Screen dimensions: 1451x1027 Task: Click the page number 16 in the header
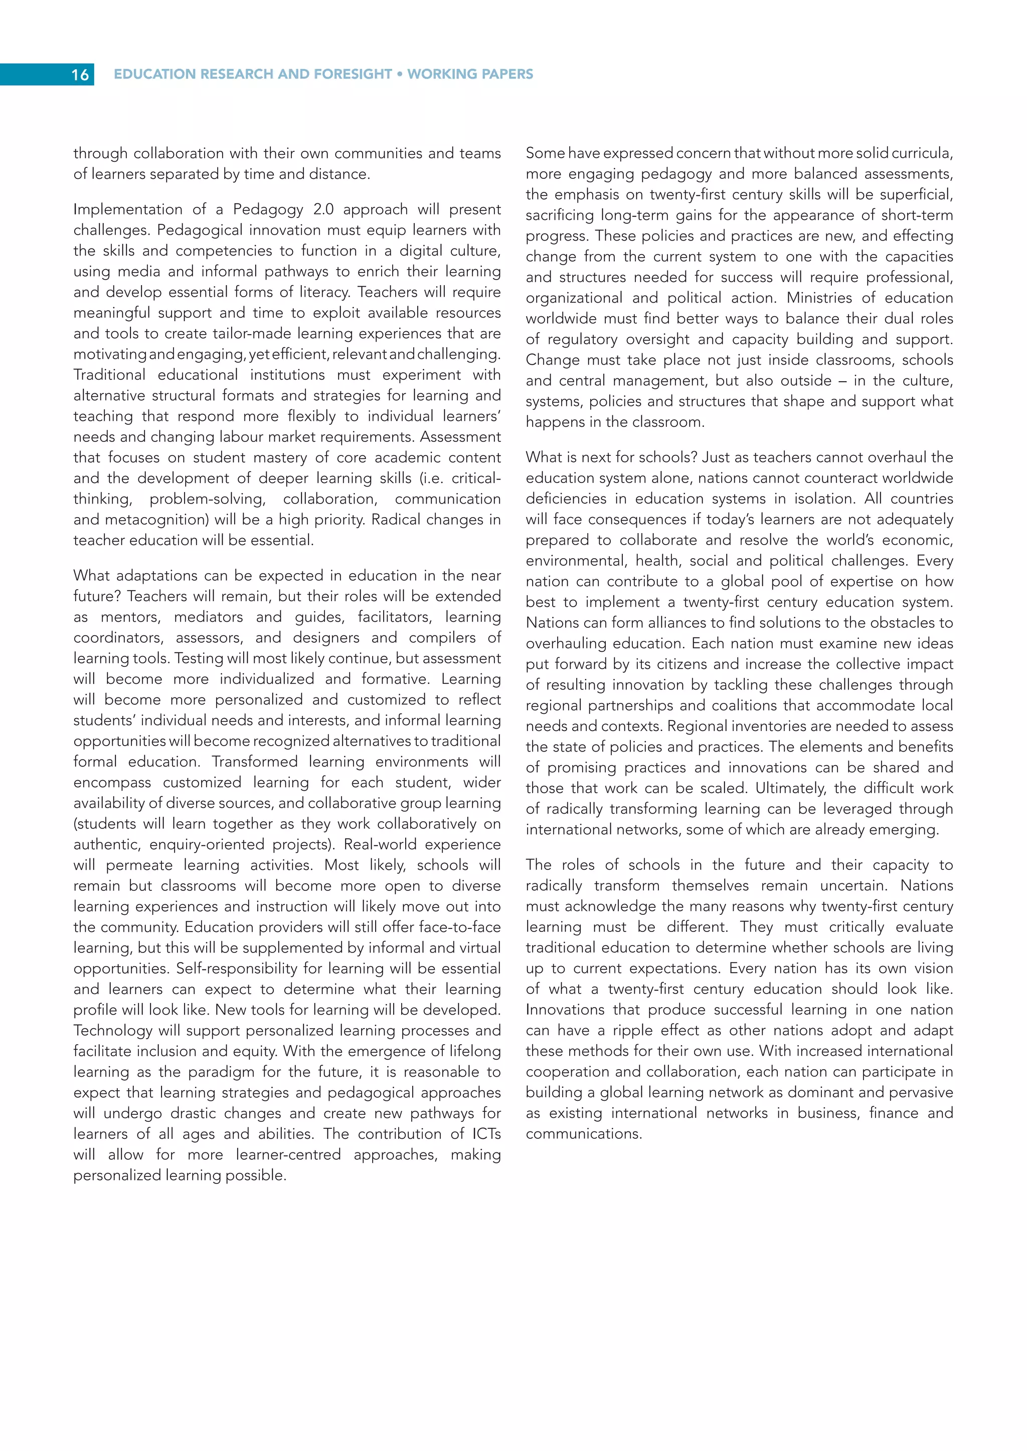pos(80,75)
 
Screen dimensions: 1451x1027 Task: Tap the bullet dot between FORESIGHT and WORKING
pos(400,74)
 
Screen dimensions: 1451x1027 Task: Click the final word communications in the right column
pos(583,1134)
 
